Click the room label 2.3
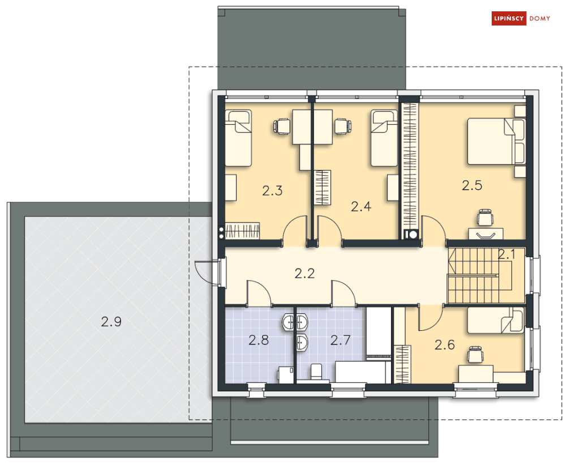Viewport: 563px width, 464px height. coord(272,191)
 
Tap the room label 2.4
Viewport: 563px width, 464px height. coord(361,207)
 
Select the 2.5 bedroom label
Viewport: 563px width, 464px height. coord(472,185)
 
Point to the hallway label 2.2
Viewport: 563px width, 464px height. coord(304,274)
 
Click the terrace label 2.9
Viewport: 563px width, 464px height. coord(111,322)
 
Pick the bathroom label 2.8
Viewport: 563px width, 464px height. coord(258,340)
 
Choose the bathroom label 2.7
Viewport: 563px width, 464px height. coord(341,340)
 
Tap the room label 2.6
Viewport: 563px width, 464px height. coord(445,344)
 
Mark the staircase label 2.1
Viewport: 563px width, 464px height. coord(506,255)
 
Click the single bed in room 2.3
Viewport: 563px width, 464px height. coord(238,138)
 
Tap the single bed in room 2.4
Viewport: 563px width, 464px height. coord(384,138)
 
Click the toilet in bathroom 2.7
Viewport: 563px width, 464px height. coord(316,372)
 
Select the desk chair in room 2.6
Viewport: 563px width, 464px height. coord(476,355)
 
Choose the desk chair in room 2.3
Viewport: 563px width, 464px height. coord(282,126)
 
